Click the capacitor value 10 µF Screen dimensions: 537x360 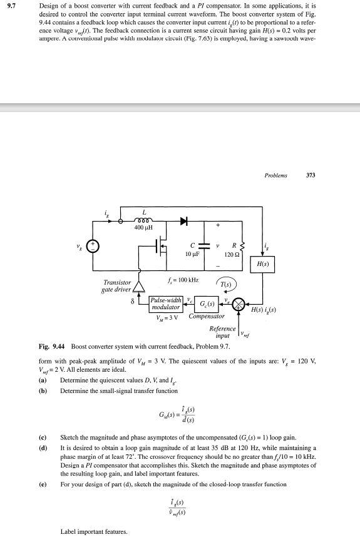tap(192, 255)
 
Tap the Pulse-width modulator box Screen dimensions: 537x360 tap(166, 304)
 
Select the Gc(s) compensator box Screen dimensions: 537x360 tap(206, 305)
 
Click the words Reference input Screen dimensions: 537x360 tap(222, 332)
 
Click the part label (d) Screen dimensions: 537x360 tap(43, 448)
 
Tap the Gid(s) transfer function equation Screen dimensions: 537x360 tap(178, 414)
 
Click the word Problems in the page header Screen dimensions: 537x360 tap(276, 175)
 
